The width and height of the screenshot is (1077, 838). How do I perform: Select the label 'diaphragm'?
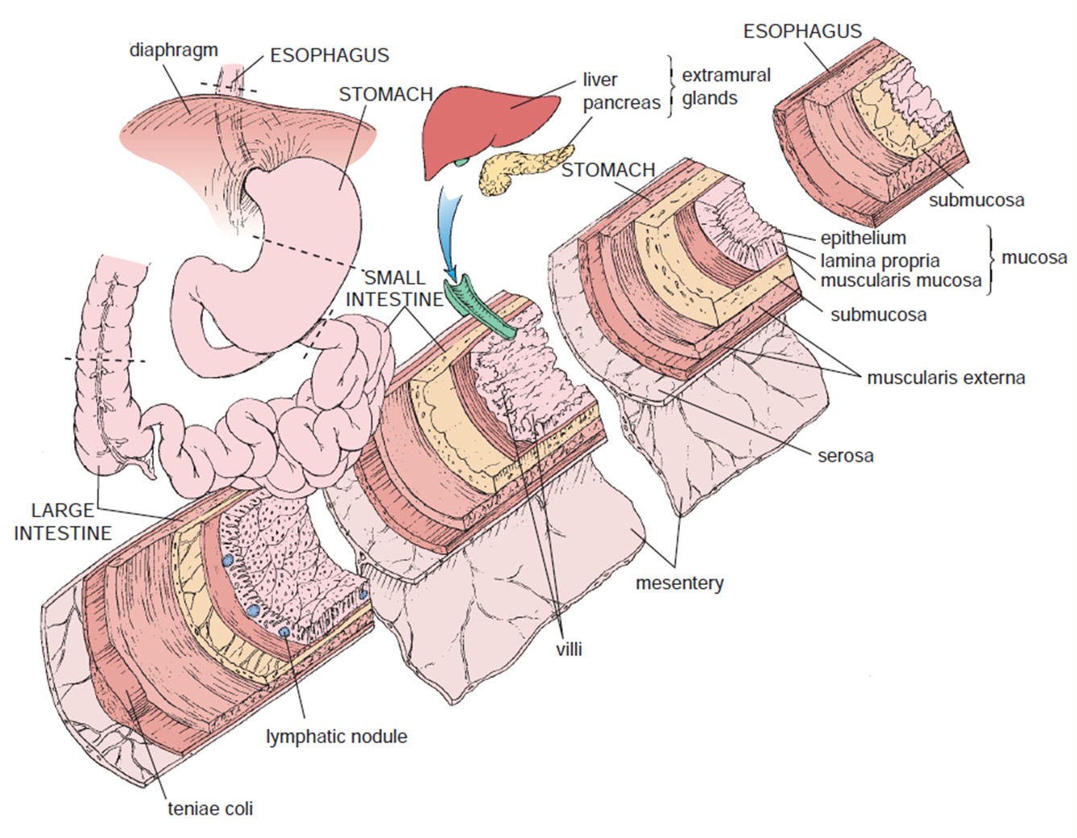[x=173, y=50]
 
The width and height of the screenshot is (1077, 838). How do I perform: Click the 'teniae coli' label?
[x=209, y=807]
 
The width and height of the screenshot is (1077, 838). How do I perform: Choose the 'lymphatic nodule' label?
[x=336, y=736]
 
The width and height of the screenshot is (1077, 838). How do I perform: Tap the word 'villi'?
[x=569, y=649]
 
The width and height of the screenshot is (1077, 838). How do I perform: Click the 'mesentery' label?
[x=679, y=583]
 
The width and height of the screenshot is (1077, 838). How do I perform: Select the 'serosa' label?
[x=845, y=455]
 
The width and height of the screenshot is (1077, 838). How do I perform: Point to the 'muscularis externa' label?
[x=945, y=377]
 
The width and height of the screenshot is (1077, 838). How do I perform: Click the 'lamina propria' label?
[x=880, y=260]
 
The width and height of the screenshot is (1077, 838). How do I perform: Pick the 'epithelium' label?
[x=863, y=238]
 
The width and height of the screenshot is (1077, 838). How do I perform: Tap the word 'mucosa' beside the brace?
[x=1034, y=258]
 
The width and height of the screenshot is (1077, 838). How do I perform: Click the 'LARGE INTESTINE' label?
[x=63, y=521]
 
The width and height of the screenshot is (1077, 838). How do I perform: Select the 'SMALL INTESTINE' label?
[x=395, y=288]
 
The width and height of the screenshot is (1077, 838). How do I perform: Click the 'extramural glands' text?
[x=726, y=86]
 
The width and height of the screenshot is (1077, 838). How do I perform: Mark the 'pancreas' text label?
[x=621, y=102]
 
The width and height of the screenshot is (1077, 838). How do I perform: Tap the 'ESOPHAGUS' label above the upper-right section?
[x=802, y=31]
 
